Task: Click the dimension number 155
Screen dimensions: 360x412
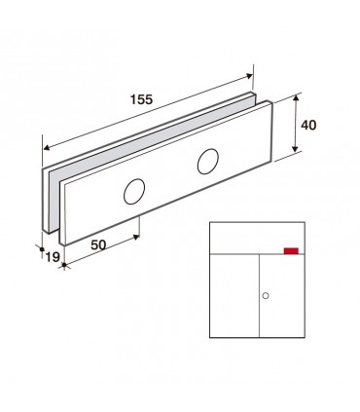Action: point(141,99)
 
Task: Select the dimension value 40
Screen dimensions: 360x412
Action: point(308,125)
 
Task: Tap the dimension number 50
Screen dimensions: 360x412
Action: point(98,244)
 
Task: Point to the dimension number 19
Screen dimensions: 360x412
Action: point(53,257)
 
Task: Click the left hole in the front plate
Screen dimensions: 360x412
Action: point(134,192)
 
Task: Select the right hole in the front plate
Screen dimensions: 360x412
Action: point(208,162)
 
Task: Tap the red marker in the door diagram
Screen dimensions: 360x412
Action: point(291,250)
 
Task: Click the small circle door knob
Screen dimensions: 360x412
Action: point(266,296)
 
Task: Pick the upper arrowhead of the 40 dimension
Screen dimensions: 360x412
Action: point(295,98)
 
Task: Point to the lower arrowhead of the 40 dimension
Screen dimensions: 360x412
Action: point(295,149)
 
